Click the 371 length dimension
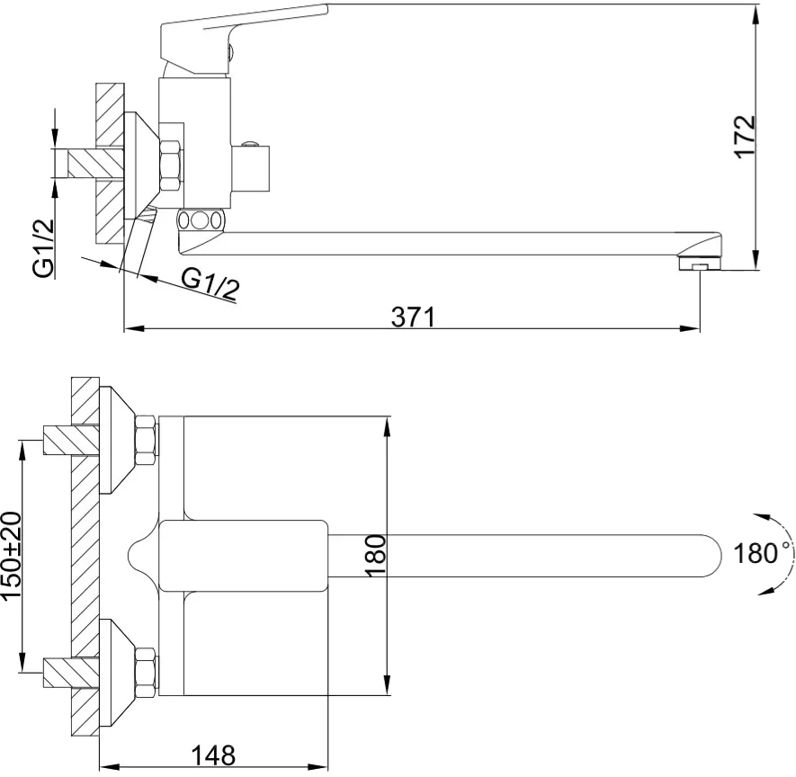(x=413, y=317)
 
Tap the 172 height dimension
(x=745, y=137)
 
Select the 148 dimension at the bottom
(x=213, y=755)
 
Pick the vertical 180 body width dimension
(x=375, y=555)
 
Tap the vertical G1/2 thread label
(x=44, y=248)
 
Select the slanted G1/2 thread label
(x=210, y=285)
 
